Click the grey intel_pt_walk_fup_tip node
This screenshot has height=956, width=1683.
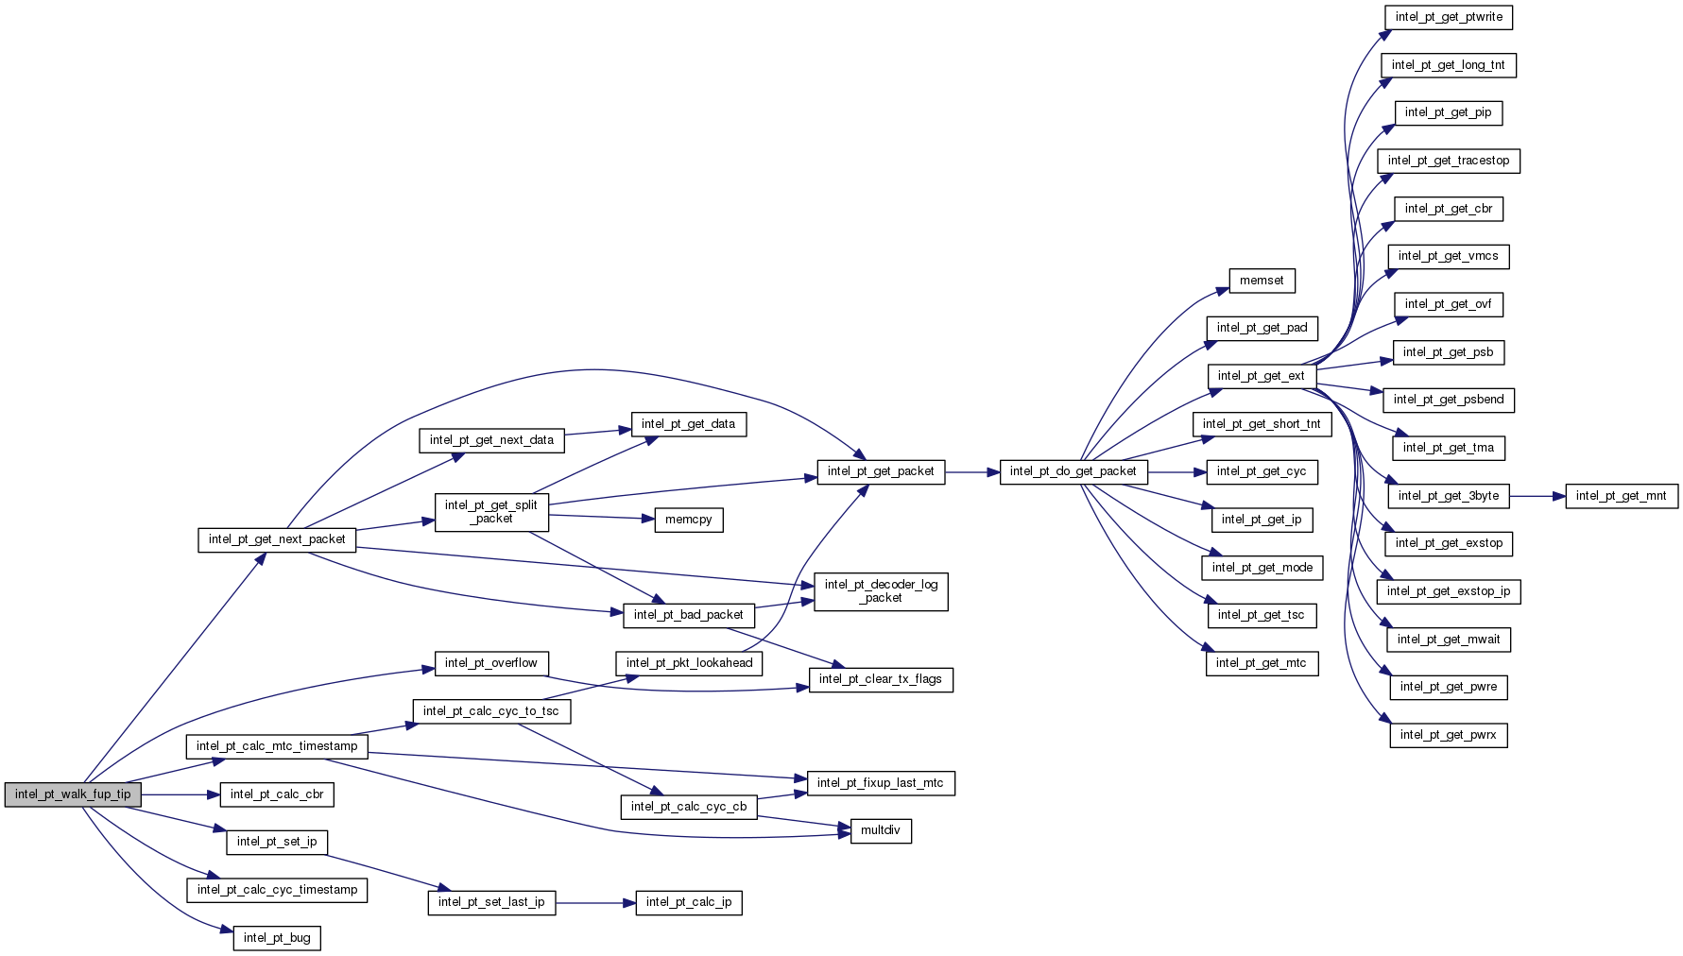point(73,794)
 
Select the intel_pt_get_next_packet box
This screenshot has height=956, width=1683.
point(277,539)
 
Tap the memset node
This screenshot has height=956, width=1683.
point(1262,281)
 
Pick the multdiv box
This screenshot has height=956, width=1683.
point(881,830)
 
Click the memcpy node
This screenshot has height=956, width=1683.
point(688,520)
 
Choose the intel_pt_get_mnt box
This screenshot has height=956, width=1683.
point(1621,496)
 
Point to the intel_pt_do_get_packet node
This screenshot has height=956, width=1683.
point(1073,471)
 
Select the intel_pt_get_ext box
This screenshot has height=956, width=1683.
point(1261,376)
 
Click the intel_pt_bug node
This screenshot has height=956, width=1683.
point(277,938)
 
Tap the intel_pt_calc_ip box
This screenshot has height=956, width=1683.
point(688,902)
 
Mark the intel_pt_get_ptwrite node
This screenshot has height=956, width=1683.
point(1449,17)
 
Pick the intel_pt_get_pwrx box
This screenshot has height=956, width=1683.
point(1448,735)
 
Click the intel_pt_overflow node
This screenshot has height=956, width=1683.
point(490,663)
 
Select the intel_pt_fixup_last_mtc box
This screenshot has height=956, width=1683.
point(880,783)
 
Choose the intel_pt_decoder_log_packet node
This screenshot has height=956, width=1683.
point(881,591)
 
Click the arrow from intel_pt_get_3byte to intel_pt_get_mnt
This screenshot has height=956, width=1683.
point(1537,496)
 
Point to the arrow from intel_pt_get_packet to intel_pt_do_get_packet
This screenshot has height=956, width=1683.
point(972,471)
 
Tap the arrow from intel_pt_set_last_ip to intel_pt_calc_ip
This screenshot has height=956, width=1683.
point(595,903)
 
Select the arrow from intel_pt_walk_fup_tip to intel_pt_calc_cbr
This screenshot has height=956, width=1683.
point(180,794)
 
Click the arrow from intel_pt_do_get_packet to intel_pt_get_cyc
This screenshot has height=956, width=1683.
point(1177,471)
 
